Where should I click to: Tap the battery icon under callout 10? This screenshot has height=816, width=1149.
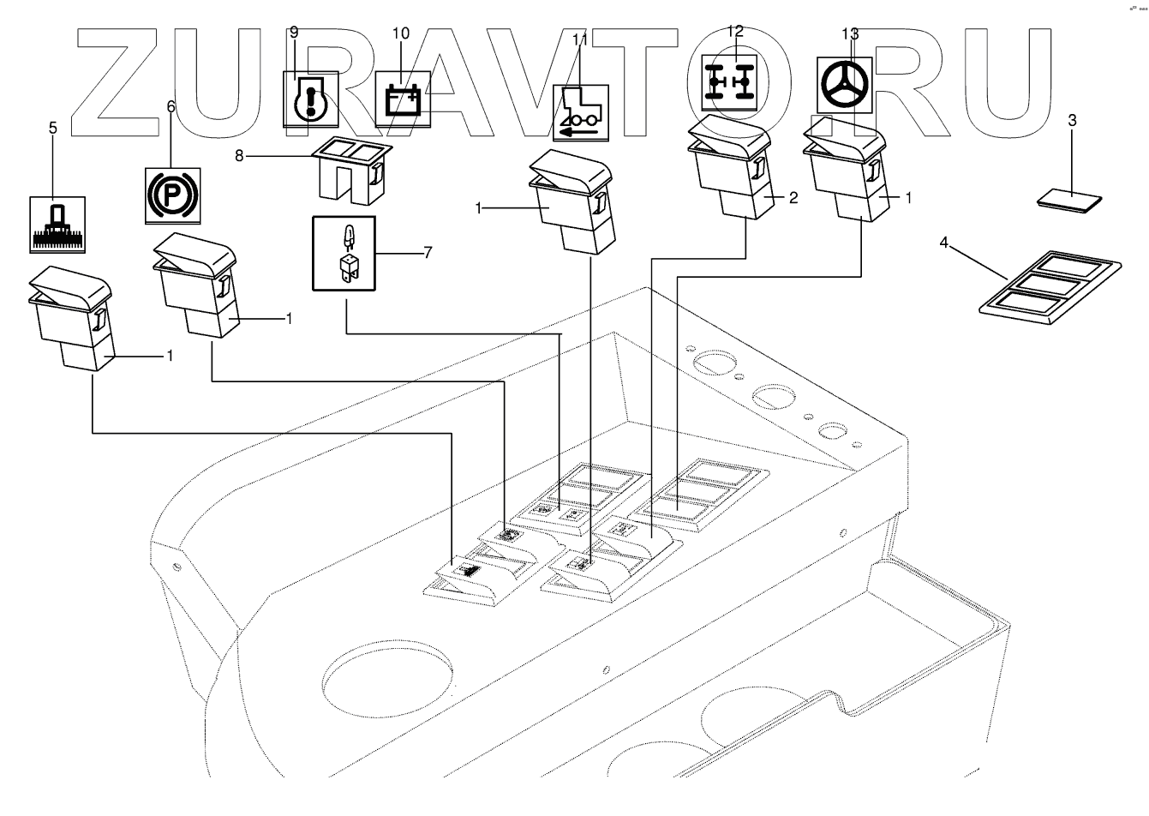[401, 99]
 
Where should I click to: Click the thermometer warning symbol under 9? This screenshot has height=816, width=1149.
[311, 99]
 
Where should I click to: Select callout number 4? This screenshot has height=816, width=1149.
[943, 243]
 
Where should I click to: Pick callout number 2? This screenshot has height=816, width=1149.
[793, 198]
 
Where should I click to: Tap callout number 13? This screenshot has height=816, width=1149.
[849, 33]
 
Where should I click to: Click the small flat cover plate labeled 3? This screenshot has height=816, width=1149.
[1068, 201]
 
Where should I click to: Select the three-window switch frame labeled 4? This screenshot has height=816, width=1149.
[1049, 288]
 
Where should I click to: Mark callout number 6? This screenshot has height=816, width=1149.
[171, 106]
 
